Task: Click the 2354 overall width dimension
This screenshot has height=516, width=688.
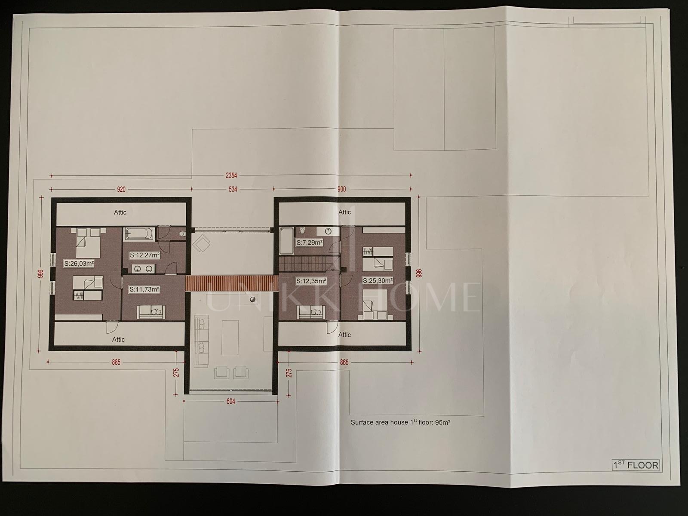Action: [231, 175]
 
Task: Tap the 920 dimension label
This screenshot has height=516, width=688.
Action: [121, 189]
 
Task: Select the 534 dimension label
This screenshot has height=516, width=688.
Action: [233, 189]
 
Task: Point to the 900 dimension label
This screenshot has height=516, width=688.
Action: [341, 189]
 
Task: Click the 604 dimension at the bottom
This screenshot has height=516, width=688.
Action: [230, 401]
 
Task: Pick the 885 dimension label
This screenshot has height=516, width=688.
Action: [116, 362]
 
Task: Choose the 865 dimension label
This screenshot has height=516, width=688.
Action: [344, 362]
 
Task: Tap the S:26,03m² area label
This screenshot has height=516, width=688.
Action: [79, 264]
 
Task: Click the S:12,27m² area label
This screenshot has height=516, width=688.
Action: [144, 255]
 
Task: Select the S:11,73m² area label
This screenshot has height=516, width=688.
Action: [144, 289]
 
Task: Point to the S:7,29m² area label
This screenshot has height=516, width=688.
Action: [309, 243]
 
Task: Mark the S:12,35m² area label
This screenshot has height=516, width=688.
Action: [311, 281]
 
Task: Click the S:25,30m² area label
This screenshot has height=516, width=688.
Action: [378, 281]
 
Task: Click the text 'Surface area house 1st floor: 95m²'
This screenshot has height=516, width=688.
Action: [400, 422]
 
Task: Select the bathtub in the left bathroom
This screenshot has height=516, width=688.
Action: [139, 234]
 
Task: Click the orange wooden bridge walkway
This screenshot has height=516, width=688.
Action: [231, 283]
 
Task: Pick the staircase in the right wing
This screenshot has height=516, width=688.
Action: [309, 264]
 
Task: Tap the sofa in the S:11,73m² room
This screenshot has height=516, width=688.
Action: [151, 312]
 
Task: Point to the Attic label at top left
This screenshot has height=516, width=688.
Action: [120, 212]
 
